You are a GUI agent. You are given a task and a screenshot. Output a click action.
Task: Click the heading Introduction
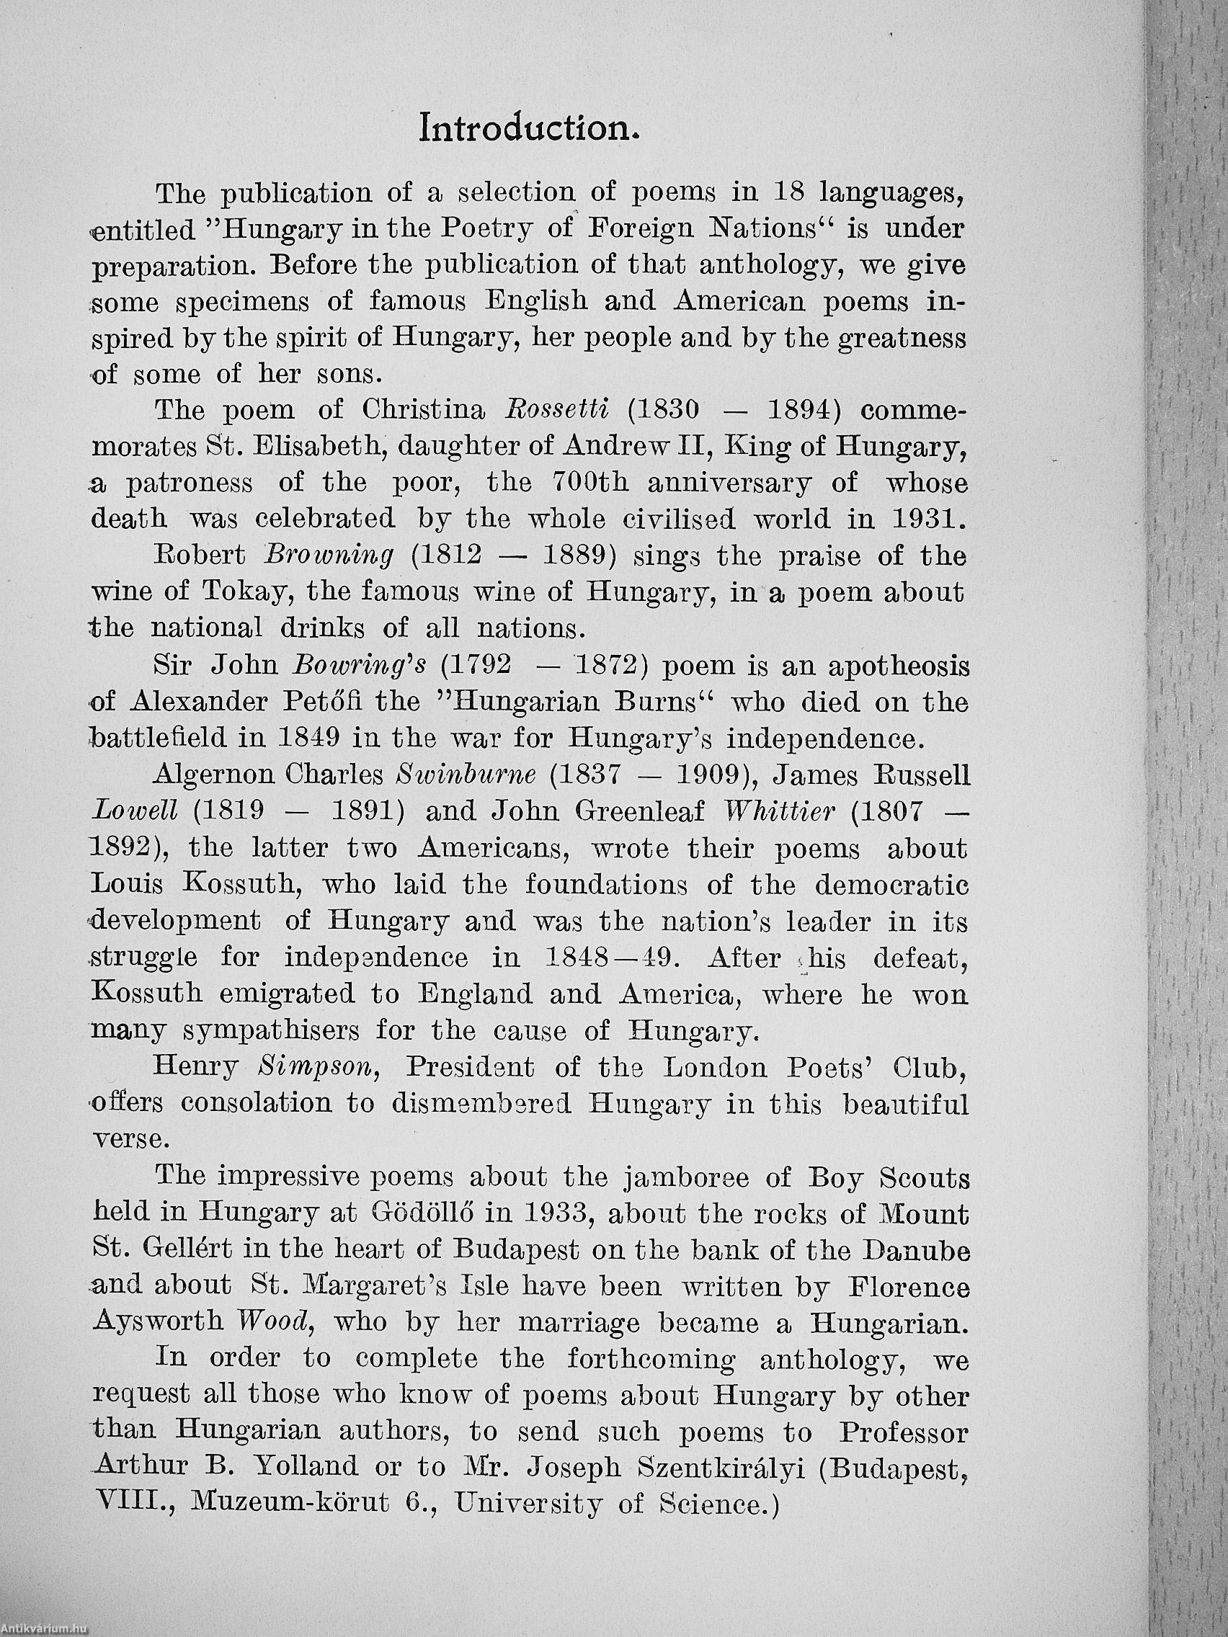[x=528, y=128]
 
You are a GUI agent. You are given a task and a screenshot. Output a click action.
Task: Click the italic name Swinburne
[x=466, y=775]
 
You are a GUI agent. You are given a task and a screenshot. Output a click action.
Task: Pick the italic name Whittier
[x=780, y=812]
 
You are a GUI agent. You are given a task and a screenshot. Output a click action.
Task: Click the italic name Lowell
[x=134, y=812]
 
